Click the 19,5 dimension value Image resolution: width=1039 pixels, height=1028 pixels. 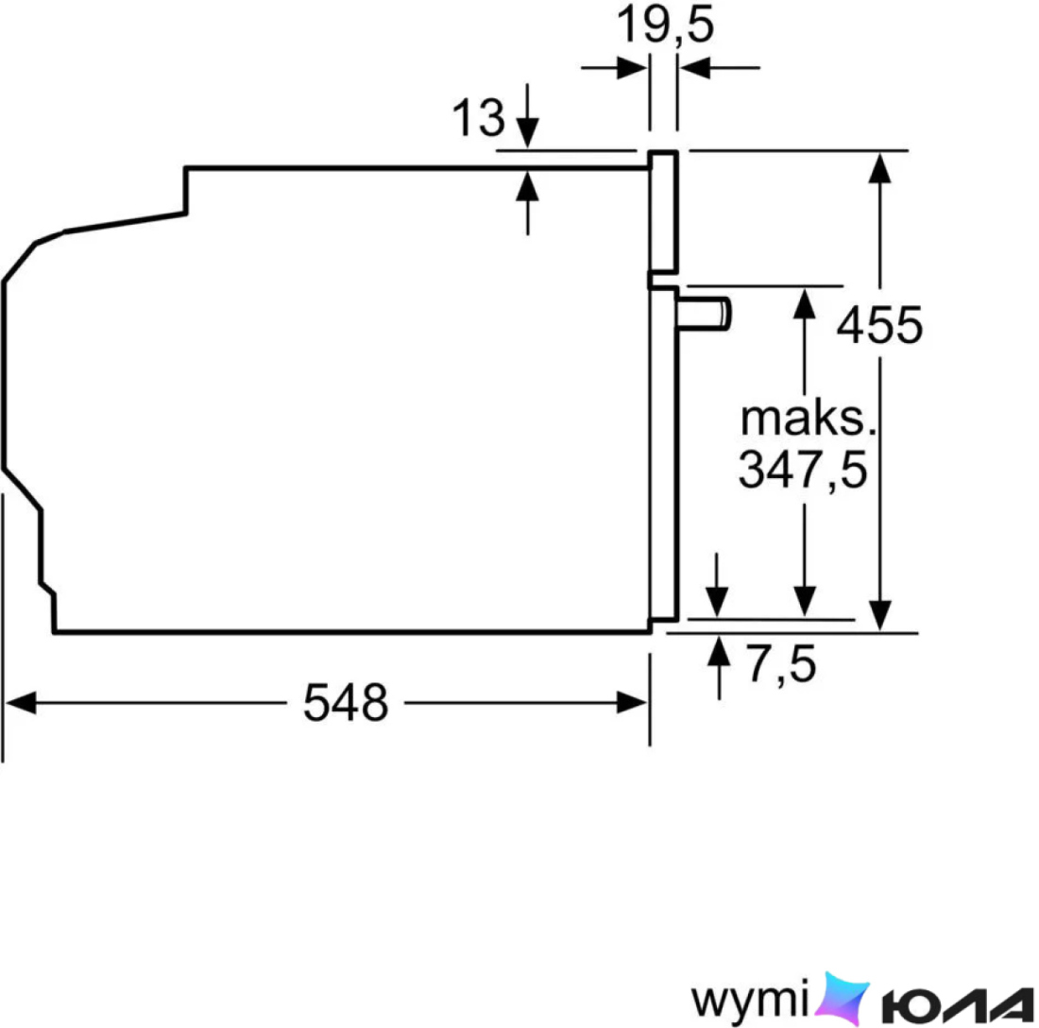click(665, 26)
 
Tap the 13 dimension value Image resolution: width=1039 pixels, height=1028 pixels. click(478, 118)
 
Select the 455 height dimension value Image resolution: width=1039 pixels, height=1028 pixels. click(879, 325)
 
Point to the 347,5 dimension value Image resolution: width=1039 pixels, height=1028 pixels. click(803, 470)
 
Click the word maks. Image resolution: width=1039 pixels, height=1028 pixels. click(808, 419)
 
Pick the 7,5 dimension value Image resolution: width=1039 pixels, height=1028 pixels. click(781, 664)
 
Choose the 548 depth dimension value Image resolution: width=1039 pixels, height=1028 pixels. click(345, 703)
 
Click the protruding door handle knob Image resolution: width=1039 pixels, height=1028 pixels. click(704, 314)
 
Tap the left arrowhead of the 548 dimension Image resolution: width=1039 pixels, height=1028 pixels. click(21, 703)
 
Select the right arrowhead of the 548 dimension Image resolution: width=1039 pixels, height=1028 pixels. click(632, 703)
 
